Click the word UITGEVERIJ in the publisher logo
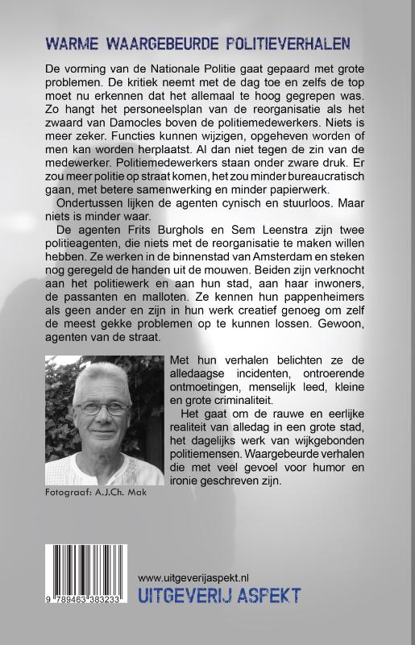tap(184, 597)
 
